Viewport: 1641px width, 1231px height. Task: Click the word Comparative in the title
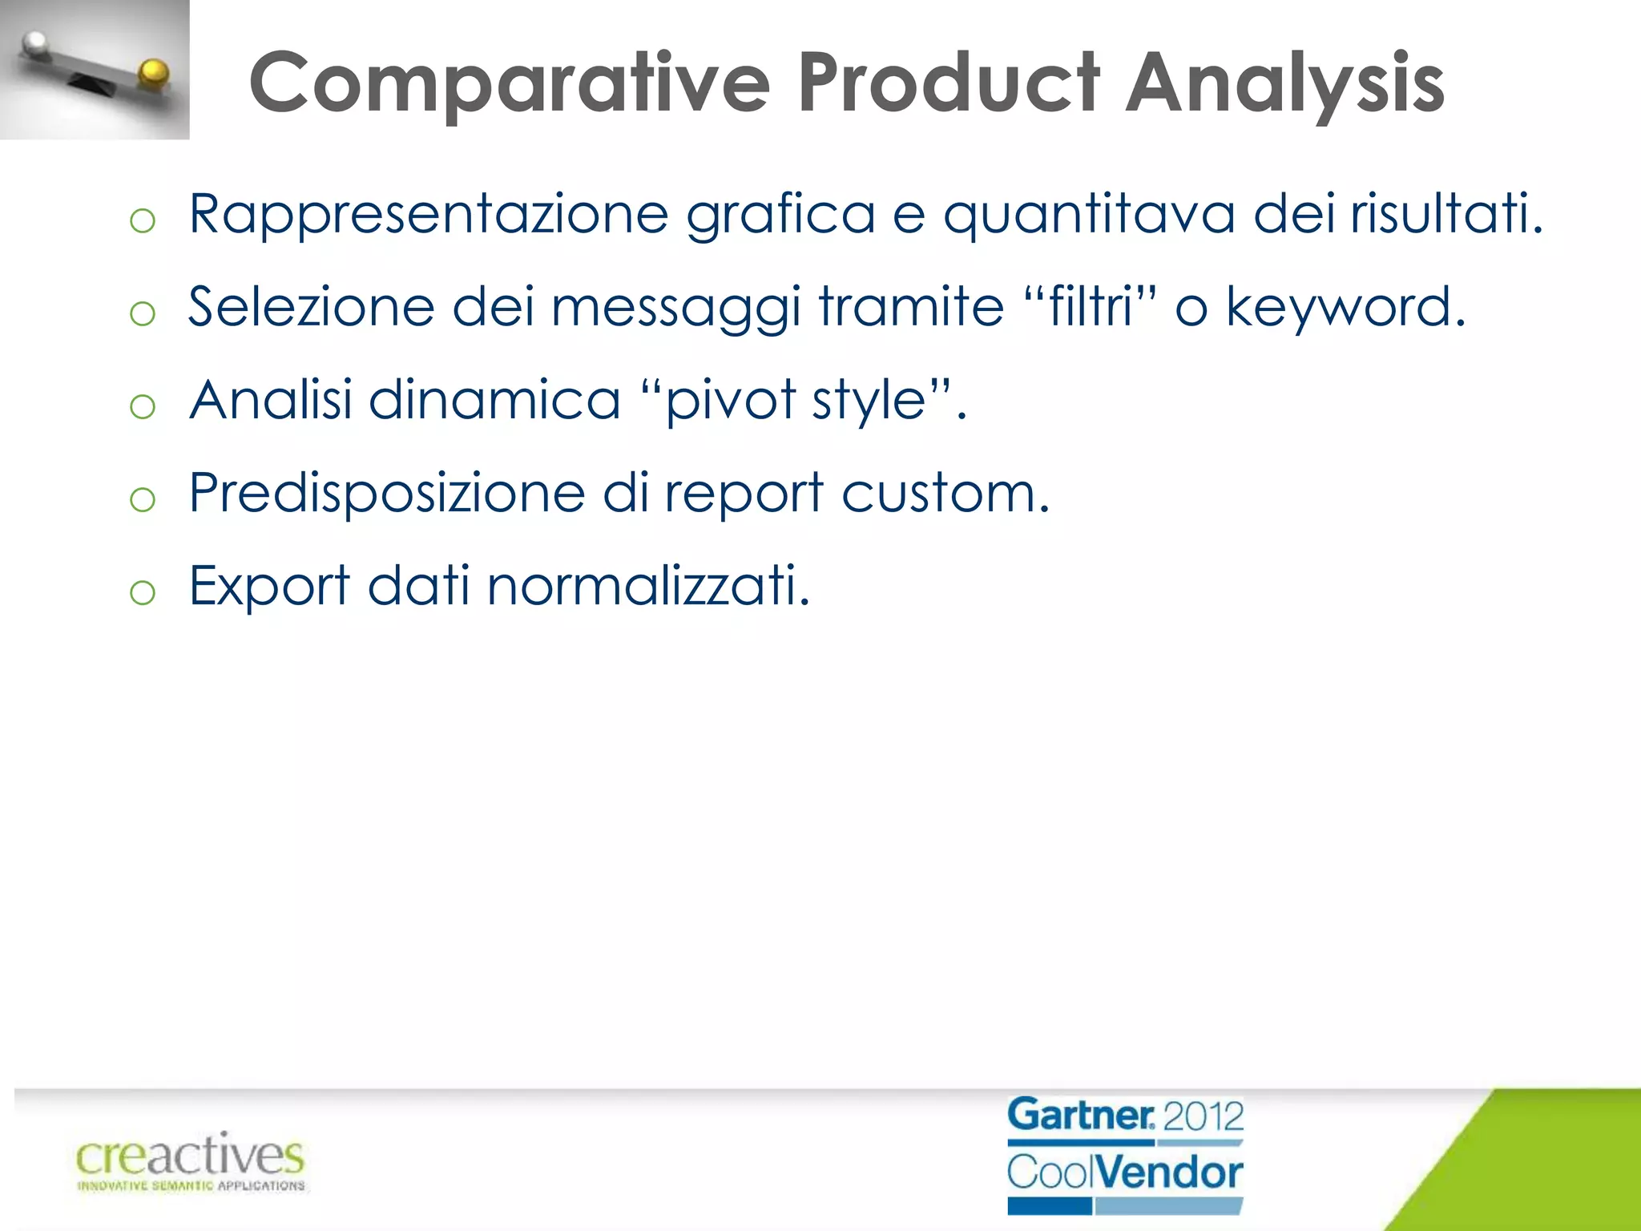(x=510, y=83)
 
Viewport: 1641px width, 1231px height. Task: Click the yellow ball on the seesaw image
(x=152, y=74)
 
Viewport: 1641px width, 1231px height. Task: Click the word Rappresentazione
(x=429, y=215)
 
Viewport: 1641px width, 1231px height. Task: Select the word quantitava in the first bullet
(x=1088, y=215)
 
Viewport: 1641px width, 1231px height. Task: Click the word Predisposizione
(x=387, y=493)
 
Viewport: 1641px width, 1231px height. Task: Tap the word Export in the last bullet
(x=269, y=586)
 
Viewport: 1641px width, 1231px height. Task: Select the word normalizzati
(x=648, y=586)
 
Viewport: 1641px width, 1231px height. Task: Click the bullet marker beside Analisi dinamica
(x=143, y=406)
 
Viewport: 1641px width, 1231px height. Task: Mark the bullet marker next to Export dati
(x=143, y=592)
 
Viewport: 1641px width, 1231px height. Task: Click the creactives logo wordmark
(x=190, y=1156)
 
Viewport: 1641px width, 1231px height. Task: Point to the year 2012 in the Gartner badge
(x=1202, y=1116)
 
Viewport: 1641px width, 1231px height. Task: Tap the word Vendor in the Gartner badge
(x=1169, y=1172)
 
